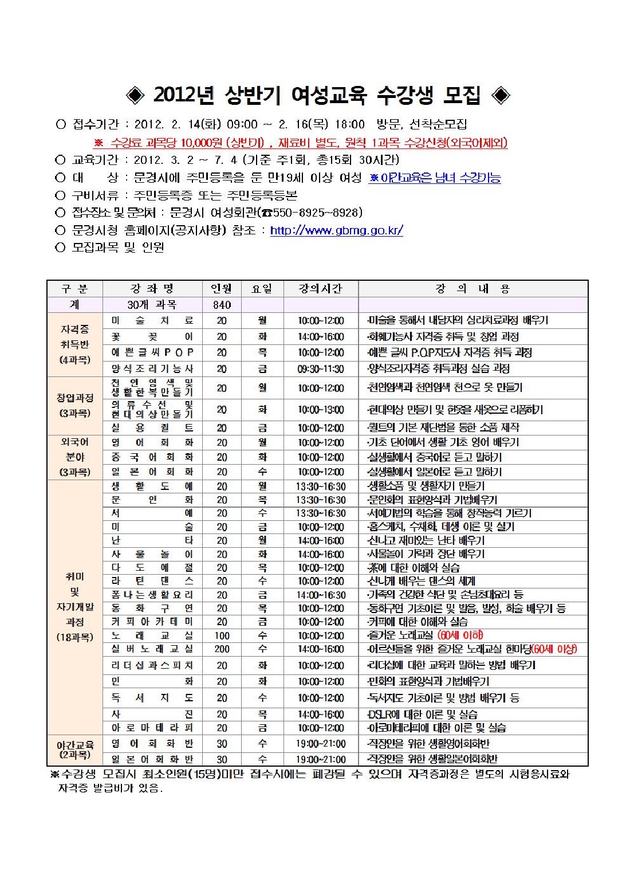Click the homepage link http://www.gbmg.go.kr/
click(336, 230)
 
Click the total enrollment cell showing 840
click(222, 305)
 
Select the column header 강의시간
click(320, 289)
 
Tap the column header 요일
click(262, 289)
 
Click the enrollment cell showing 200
click(222, 649)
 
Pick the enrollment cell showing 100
click(222, 636)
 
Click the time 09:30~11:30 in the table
click(320, 369)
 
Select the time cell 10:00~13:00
click(320, 410)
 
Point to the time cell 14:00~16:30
click(320, 595)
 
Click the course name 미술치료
click(152, 321)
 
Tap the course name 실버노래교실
click(152, 649)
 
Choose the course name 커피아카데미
click(152, 622)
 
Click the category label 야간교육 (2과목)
click(75, 749)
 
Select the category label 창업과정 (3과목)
click(75, 405)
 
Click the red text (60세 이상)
click(554, 649)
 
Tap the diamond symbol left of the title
click(135, 95)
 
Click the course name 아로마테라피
click(152, 728)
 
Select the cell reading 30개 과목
click(152, 305)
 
